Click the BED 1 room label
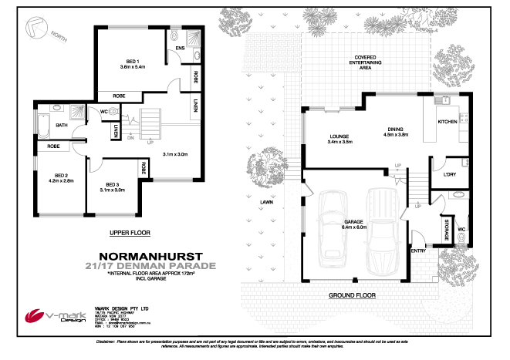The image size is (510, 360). coord(133,62)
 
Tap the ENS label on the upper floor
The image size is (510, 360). coord(180,49)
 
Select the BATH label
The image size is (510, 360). coord(60,125)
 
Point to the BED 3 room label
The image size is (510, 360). coord(111,185)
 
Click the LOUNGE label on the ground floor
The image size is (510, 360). coord(339,137)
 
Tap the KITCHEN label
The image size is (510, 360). coord(448,122)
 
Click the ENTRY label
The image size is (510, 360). coord(418,251)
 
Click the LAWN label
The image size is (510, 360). coord(266,202)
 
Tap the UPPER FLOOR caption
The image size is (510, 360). coord(130,231)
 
